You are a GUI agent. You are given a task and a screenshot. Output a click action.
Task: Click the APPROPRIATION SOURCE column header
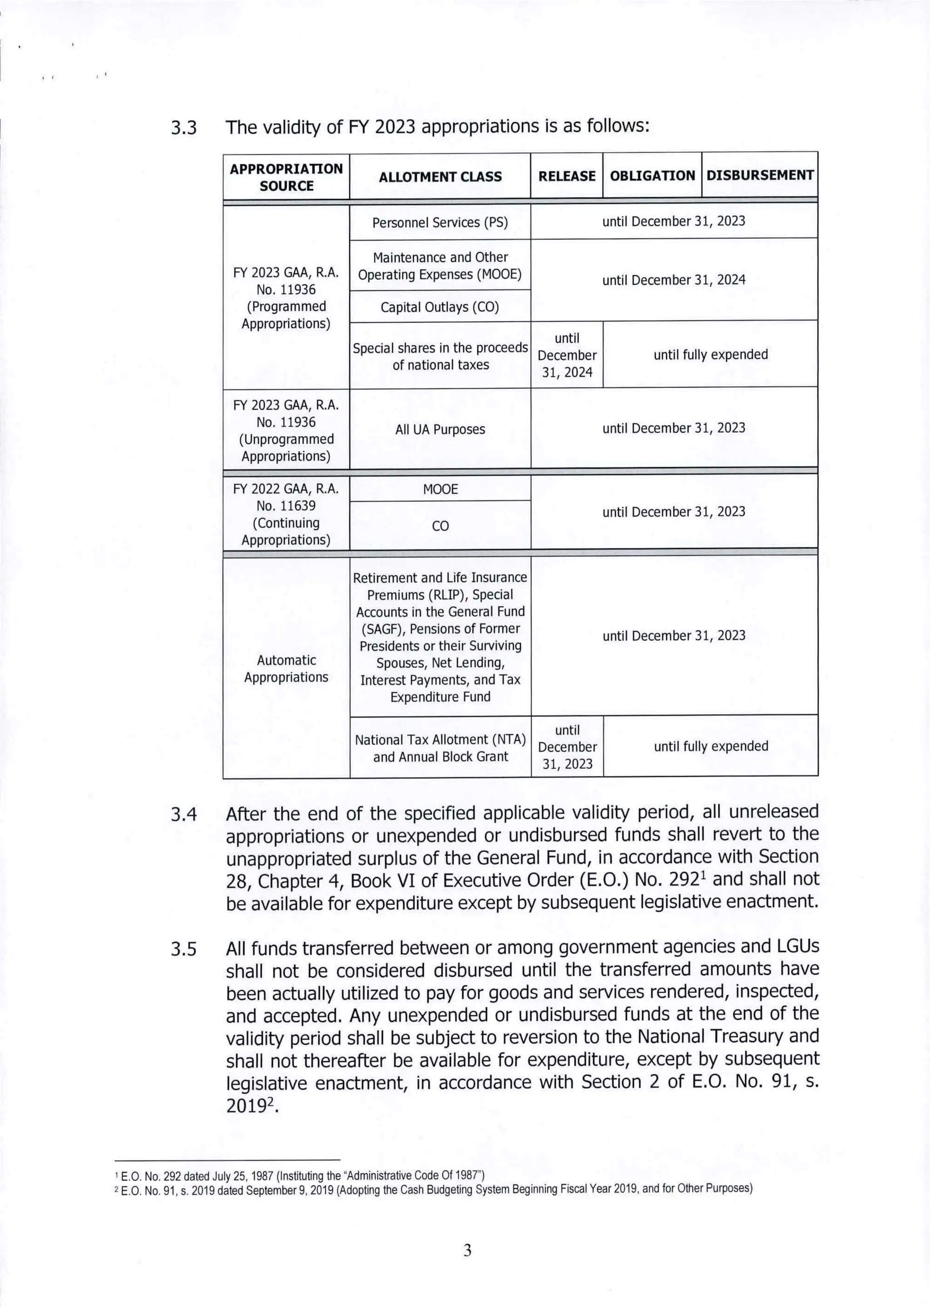pyautogui.click(x=287, y=177)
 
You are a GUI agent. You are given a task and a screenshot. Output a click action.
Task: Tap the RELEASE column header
pyautogui.click(x=566, y=176)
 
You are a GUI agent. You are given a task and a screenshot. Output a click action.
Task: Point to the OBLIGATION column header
pyautogui.click(x=652, y=176)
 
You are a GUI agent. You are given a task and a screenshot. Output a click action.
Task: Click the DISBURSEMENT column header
pyautogui.click(x=759, y=175)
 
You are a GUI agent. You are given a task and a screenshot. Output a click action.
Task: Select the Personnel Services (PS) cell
pyautogui.click(x=440, y=222)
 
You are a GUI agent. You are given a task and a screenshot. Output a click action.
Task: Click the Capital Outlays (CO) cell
pyautogui.click(x=440, y=307)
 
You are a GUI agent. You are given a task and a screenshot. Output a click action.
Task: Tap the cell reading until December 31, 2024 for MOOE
pyautogui.click(x=673, y=280)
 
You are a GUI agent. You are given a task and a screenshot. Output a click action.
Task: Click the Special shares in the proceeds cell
pyautogui.click(x=440, y=356)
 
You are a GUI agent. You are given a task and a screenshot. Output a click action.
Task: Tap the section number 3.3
pyautogui.click(x=184, y=127)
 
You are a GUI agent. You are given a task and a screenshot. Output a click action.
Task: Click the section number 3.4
pyautogui.click(x=184, y=815)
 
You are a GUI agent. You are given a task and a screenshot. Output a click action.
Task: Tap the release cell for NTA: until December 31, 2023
pyautogui.click(x=567, y=747)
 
